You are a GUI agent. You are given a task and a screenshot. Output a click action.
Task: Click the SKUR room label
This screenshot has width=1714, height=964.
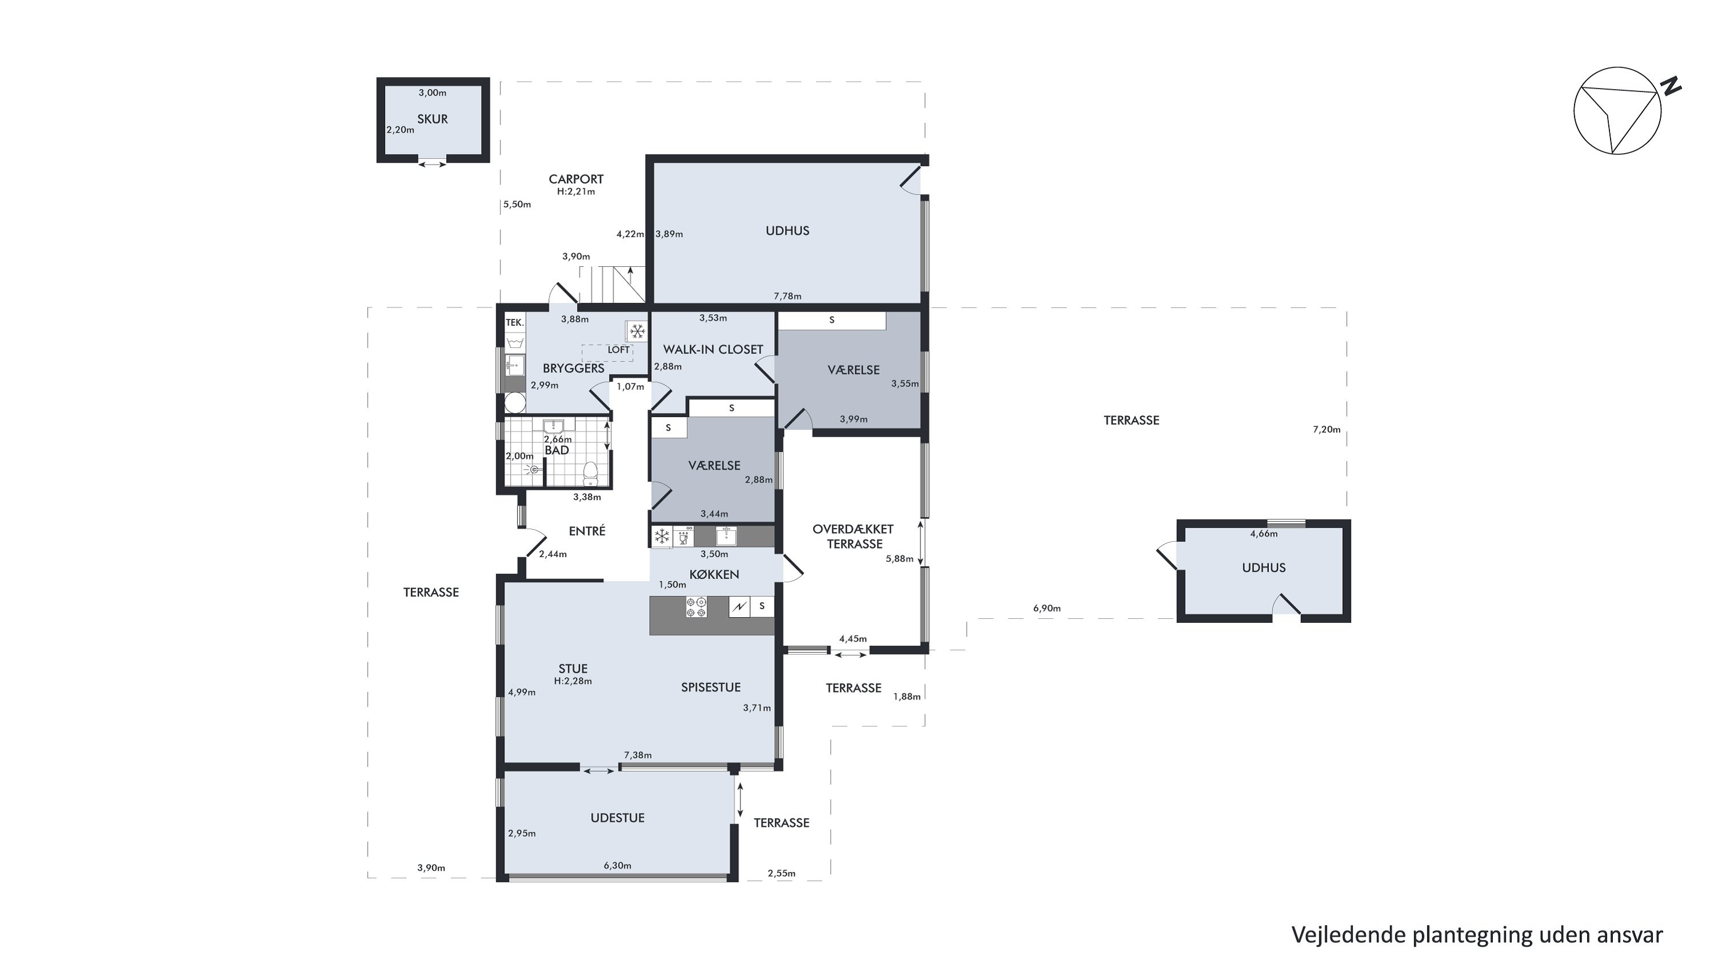432,119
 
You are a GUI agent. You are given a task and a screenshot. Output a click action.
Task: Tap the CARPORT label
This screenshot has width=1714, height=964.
576,179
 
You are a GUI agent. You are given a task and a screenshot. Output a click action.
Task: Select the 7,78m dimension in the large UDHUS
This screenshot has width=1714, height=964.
787,296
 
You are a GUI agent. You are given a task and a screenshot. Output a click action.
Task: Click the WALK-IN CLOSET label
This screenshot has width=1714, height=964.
712,349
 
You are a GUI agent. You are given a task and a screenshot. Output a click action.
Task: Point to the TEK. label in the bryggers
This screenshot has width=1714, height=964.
515,323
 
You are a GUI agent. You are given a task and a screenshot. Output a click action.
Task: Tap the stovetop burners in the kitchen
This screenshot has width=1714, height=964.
696,607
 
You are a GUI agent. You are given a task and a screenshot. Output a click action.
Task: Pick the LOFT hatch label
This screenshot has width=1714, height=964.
618,350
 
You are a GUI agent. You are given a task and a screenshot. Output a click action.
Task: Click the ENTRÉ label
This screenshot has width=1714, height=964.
587,531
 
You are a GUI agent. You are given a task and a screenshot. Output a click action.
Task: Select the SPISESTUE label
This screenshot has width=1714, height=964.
711,687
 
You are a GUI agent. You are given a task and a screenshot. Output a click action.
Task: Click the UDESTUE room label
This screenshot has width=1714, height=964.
618,818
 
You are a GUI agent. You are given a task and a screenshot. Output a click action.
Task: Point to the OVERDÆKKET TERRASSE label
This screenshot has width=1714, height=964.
854,536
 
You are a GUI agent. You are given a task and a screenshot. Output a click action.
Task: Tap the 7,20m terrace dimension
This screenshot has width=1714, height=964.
1326,430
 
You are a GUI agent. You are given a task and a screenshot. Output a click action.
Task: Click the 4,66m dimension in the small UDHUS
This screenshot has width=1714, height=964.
1264,534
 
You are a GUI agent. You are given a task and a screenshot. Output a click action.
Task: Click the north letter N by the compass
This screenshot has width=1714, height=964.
1670,86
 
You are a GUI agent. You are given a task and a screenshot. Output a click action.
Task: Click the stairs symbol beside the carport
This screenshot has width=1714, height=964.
612,284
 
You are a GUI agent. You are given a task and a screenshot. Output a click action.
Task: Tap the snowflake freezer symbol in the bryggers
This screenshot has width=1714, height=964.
638,331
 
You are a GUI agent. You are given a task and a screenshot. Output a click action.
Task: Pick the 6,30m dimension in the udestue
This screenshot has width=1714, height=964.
618,866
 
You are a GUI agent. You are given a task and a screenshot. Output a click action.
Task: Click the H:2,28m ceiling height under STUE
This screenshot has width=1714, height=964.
573,681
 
